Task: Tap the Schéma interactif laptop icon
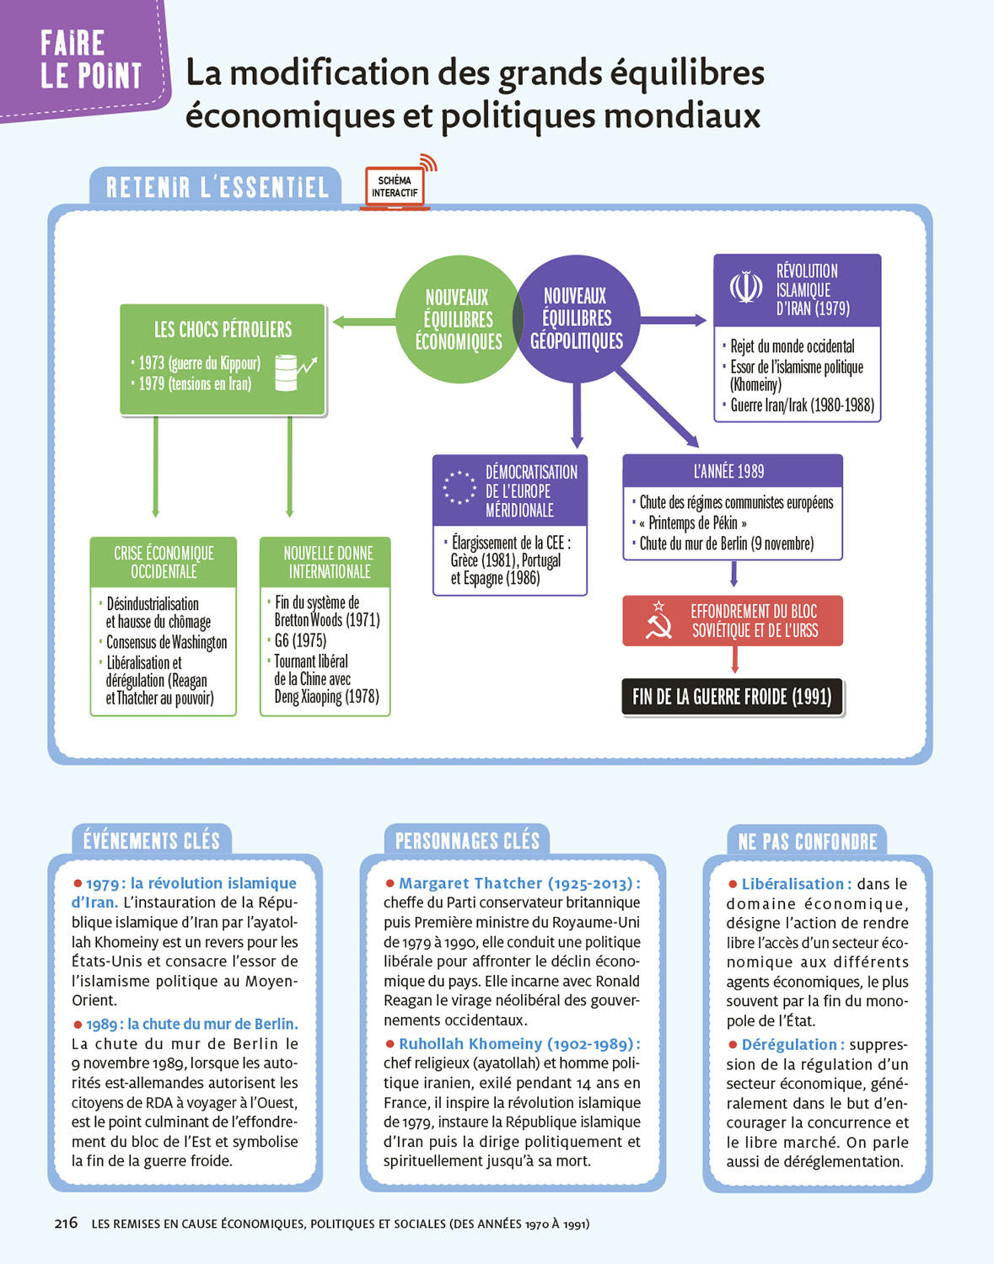point(395,187)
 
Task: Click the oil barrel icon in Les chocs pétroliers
point(287,372)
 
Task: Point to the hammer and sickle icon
point(658,620)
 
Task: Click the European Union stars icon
point(459,488)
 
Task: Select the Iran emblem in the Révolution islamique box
point(745,287)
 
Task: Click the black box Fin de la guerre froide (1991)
point(732,697)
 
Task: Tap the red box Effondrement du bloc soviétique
point(732,621)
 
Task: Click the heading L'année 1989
point(730,471)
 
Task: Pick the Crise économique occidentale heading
point(164,562)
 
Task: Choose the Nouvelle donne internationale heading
point(328,562)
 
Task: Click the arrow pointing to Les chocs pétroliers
point(363,321)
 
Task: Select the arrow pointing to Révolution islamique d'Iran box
point(674,320)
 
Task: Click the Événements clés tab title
point(152,841)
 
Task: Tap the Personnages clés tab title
point(467,841)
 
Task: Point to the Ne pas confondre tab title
point(807,842)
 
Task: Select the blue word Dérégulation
point(789,1045)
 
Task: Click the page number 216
point(66,1223)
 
